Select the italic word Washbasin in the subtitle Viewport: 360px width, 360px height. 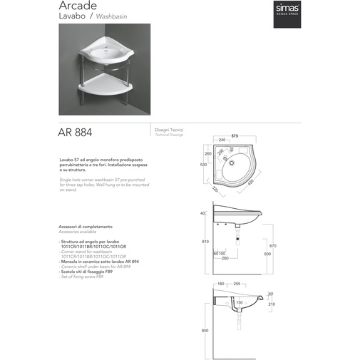click(109, 21)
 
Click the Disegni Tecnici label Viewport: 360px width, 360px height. click(169, 130)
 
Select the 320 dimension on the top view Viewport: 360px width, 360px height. click(216, 190)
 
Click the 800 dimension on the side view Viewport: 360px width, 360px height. click(205, 330)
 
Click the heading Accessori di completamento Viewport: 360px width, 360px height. click(86, 227)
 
